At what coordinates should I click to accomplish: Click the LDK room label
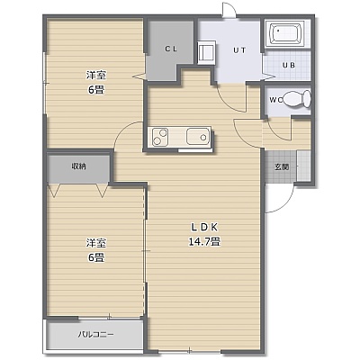pos(204,228)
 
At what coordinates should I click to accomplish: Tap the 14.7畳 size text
pos(204,241)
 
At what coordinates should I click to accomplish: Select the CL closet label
pos(171,49)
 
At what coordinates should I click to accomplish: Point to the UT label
pos(239,50)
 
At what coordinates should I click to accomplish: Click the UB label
pos(289,65)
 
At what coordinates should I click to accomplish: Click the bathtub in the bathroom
pos(285,33)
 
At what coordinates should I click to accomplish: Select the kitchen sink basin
pos(197,137)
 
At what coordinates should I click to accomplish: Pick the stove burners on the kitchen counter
pos(159,137)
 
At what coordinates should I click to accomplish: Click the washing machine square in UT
pos(206,53)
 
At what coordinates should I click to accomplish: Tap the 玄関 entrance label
pos(282,166)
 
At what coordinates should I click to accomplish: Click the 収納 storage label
pos(78,166)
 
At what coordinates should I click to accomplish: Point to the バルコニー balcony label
pos(96,334)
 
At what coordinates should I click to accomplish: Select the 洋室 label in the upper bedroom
pos(96,75)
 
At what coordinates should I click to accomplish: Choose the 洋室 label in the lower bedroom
pos(96,243)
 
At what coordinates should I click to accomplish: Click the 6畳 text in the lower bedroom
pos(96,257)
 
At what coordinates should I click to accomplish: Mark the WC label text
pos(275,100)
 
